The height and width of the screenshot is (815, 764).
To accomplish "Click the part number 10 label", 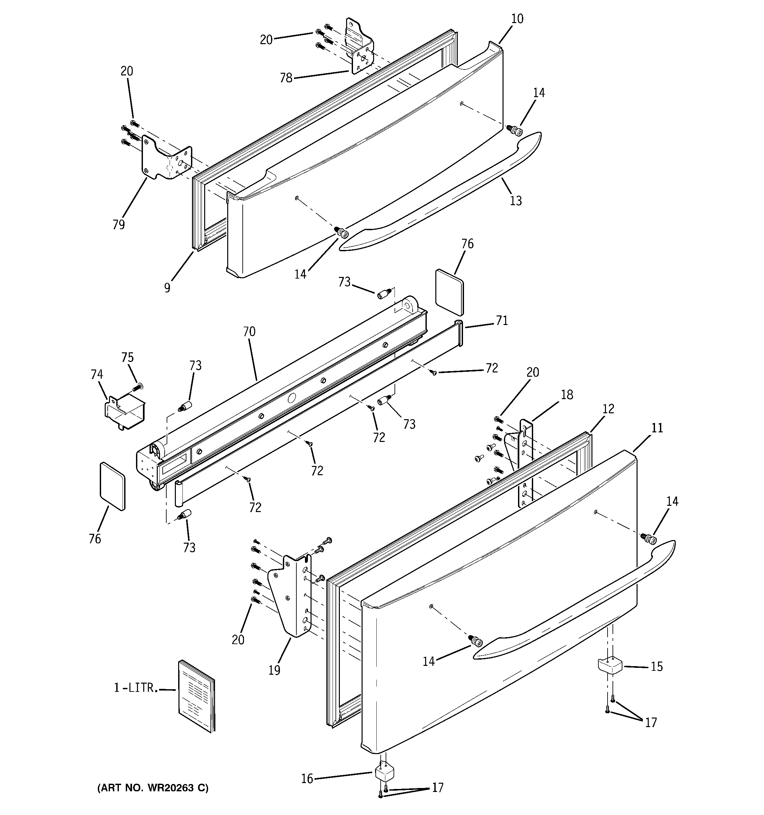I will point(517,19).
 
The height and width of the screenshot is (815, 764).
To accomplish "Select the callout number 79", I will point(119,224).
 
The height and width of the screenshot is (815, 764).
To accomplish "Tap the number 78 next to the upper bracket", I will point(286,78).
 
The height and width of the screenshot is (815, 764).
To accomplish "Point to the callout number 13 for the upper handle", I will point(515,201).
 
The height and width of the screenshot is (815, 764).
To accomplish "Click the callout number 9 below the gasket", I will point(167,288).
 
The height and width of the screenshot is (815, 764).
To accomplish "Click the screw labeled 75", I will point(137,386).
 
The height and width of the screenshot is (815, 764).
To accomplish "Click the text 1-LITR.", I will point(136,688).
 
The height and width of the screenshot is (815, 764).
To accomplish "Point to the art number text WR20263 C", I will point(152,788).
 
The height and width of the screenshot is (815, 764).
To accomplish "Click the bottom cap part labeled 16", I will point(385,773).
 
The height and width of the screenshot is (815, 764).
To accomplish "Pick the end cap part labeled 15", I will point(610,666).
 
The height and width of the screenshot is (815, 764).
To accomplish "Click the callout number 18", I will point(567,395).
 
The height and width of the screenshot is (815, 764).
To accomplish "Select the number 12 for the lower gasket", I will point(608,409).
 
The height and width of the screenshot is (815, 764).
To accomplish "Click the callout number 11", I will point(657,428).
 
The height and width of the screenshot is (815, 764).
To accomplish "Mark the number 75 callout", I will point(127,358).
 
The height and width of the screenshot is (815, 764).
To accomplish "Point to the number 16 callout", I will point(307,778).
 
